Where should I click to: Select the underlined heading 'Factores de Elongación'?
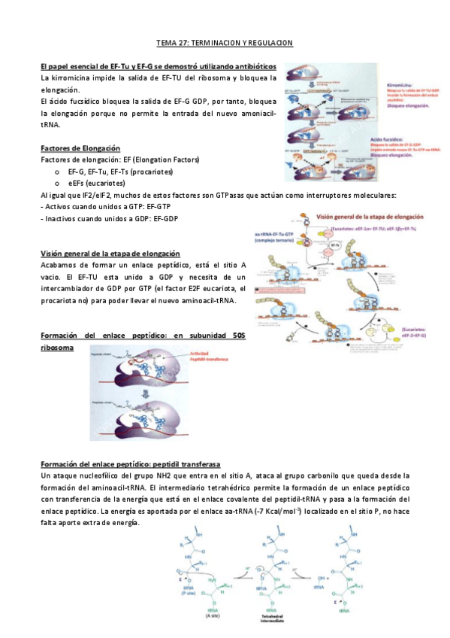click(80, 148)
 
